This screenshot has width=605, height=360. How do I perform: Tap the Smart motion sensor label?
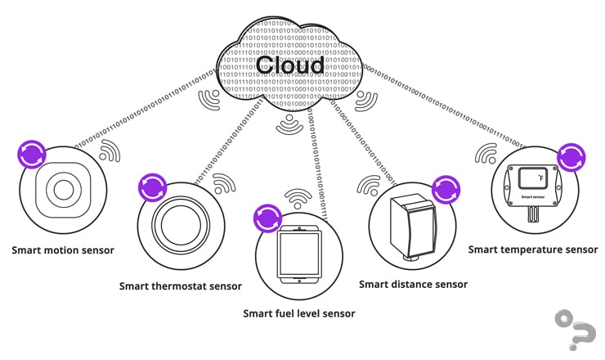pyautogui.click(x=63, y=250)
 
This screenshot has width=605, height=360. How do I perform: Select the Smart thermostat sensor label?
pyautogui.click(x=181, y=286)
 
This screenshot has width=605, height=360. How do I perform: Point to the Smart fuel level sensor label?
pyautogui.click(x=299, y=313)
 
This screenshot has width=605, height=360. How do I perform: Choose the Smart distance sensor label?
pyautogui.click(x=414, y=284)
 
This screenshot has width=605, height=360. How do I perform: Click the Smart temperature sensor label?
pyautogui.click(x=533, y=249)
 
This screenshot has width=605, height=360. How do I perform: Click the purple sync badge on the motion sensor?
pyautogui.click(x=32, y=155)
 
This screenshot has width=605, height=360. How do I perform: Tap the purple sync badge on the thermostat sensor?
pyautogui.click(x=151, y=187)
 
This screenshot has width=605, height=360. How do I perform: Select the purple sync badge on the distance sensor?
pyautogui.click(x=446, y=189)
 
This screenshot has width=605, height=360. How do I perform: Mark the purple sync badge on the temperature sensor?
pyautogui.click(x=571, y=156)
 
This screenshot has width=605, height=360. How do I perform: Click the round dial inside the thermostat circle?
pyautogui.click(x=180, y=224)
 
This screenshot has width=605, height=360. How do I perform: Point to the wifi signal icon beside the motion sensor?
pyautogui.click(x=108, y=151)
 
